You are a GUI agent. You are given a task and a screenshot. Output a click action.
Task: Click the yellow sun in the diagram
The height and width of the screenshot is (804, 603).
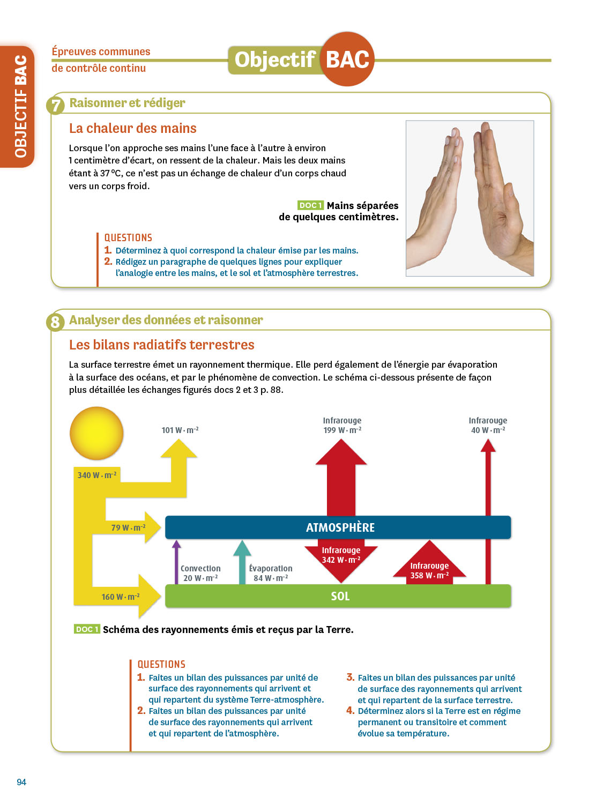tap(96, 433)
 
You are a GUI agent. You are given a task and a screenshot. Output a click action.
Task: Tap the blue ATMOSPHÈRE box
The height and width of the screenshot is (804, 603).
tap(338, 527)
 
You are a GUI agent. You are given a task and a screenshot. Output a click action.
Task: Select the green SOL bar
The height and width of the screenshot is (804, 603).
tap(338, 596)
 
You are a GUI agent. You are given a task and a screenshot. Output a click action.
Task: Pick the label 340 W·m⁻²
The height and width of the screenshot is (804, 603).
tap(96, 475)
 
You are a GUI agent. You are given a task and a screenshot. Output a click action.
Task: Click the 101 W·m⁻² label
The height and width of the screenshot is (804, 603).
tap(180, 430)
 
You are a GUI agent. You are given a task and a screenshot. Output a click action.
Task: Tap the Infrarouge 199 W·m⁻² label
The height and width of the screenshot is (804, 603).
tap(342, 426)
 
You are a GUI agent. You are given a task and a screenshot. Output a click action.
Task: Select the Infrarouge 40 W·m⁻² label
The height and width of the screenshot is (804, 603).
tap(488, 426)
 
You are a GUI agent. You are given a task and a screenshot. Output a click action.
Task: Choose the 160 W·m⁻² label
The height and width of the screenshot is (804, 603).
tap(121, 597)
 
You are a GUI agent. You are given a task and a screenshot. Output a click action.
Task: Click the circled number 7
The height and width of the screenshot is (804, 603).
tap(56, 105)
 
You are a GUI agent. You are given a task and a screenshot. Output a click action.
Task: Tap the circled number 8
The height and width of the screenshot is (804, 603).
tap(56, 322)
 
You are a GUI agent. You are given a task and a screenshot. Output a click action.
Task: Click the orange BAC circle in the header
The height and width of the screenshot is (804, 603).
tap(347, 59)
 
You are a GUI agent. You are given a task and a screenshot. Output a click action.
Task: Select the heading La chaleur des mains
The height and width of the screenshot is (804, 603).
tap(133, 128)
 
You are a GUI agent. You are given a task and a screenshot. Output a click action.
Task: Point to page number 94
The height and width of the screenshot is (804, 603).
tap(21, 782)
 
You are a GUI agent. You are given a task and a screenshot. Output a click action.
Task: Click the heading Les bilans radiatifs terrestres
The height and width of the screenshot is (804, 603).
tap(162, 345)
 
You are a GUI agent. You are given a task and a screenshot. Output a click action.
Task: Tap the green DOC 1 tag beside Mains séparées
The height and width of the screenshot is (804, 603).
tap(310, 205)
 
